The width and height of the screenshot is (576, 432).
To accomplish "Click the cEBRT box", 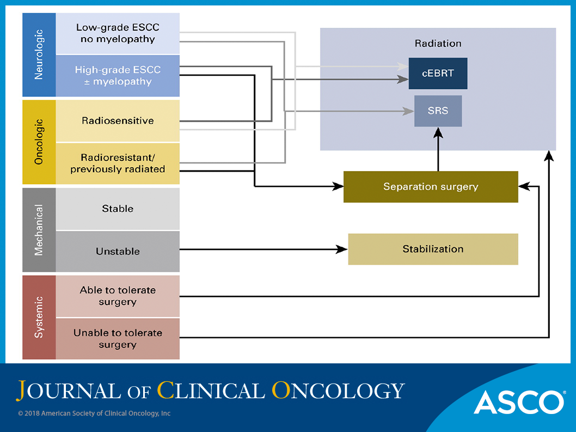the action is point(438,73).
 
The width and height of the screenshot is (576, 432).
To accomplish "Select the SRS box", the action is point(438,111).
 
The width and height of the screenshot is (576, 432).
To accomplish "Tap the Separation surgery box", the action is point(431,187).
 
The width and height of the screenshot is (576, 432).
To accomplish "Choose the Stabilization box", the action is point(433,249).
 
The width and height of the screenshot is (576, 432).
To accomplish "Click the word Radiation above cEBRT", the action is point(438,44).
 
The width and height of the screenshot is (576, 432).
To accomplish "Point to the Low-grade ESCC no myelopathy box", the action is point(118,33).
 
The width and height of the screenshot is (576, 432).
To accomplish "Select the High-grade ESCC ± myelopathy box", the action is point(118,76).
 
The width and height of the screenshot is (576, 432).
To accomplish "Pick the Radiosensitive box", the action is point(118,121).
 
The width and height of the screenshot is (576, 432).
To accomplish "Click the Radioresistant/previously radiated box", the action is point(118,163).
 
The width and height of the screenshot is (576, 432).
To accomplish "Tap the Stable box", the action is point(118,209).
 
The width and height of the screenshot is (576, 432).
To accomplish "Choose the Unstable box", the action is point(118,252).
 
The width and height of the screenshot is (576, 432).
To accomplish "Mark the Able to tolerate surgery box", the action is point(118,296).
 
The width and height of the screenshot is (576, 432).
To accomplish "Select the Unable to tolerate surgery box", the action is point(118,339).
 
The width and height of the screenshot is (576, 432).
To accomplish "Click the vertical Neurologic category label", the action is point(39,55).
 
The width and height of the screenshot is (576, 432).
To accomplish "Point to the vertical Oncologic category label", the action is point(39,142).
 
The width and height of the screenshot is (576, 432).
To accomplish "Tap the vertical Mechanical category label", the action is point(39,230).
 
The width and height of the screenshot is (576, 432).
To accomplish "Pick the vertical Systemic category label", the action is point(39,317).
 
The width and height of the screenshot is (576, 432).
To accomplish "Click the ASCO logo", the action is point(519,403).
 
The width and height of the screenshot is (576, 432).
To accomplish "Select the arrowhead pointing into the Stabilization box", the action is point(342,250).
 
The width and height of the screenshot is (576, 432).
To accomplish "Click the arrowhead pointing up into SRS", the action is point(438,132).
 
